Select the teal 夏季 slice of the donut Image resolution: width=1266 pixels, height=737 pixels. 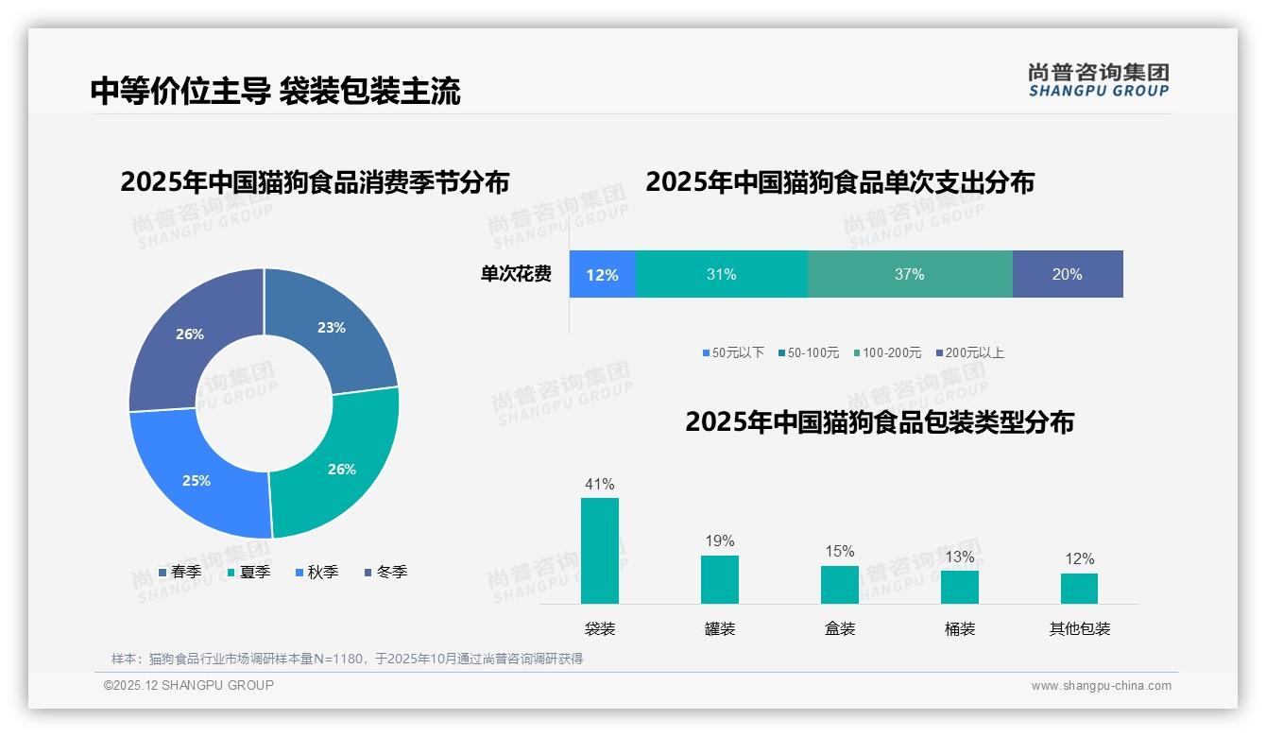point(340,469)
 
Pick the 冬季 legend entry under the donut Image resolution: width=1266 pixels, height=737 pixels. point(385,573)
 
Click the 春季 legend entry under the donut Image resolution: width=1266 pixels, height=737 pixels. point(180,573)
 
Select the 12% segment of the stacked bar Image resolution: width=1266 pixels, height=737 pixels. point(602,275)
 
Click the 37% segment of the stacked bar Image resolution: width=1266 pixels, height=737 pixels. point(909,275)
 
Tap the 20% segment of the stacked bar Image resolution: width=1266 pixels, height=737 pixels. point(1067,275)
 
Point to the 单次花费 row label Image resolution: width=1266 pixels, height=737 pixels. point(516,275)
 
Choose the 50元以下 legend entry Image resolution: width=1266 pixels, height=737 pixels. point(733,352)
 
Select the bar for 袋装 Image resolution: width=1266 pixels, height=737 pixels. point(600,551)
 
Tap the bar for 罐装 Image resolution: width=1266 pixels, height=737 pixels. point(719,579)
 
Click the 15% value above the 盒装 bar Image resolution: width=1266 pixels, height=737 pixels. point(839,551)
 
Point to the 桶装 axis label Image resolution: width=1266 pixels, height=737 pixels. point(959,628)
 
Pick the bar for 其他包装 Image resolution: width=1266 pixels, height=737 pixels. point(1079,588)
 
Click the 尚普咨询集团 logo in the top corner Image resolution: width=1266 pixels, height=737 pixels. point(1098,79)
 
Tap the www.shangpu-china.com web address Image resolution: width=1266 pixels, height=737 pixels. point(1101,686)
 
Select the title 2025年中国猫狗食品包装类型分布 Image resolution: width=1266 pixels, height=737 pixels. point(879,422)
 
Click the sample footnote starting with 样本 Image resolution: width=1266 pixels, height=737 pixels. point(347,659)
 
